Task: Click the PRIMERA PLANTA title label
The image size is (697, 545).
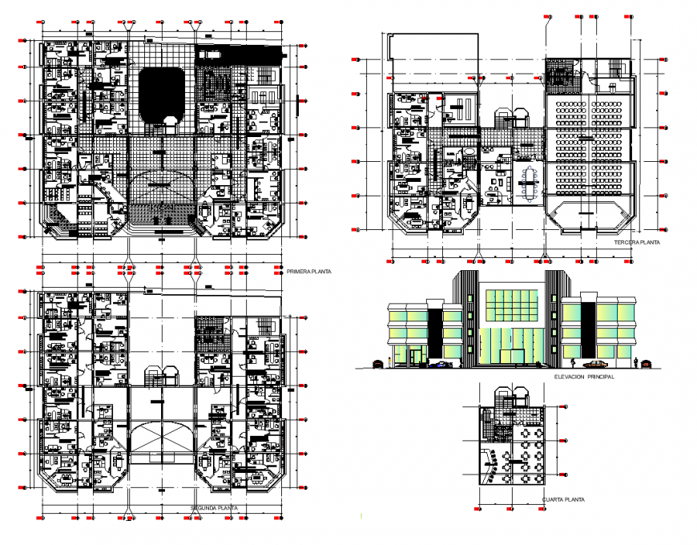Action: point(308,272)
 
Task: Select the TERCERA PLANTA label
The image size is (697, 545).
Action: point(635,241)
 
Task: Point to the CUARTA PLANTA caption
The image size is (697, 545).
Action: point(563,500)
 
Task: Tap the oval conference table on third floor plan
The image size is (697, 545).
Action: point(528,182)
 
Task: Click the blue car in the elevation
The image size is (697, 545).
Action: point(441,365)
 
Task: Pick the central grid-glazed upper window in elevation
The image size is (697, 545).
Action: point(512,305)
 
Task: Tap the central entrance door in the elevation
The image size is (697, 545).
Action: point(511,357)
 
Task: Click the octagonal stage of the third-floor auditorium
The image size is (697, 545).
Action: point(587,217)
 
